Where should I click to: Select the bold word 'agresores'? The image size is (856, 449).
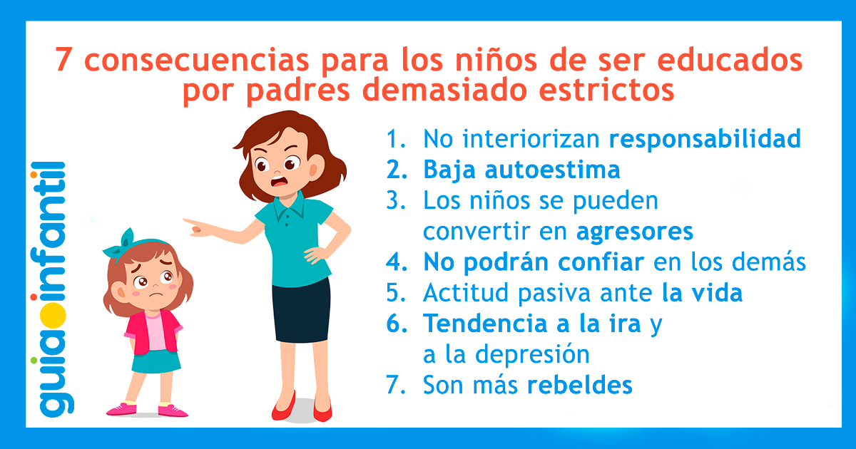pos(634,232)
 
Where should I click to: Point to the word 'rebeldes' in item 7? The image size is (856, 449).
pos(579,386)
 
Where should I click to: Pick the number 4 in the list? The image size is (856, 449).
pos(393,263)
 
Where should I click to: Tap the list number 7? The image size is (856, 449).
pos(393,386)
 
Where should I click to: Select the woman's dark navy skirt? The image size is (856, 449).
pos(300,307)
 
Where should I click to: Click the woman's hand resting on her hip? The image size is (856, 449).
pos(315,252)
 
